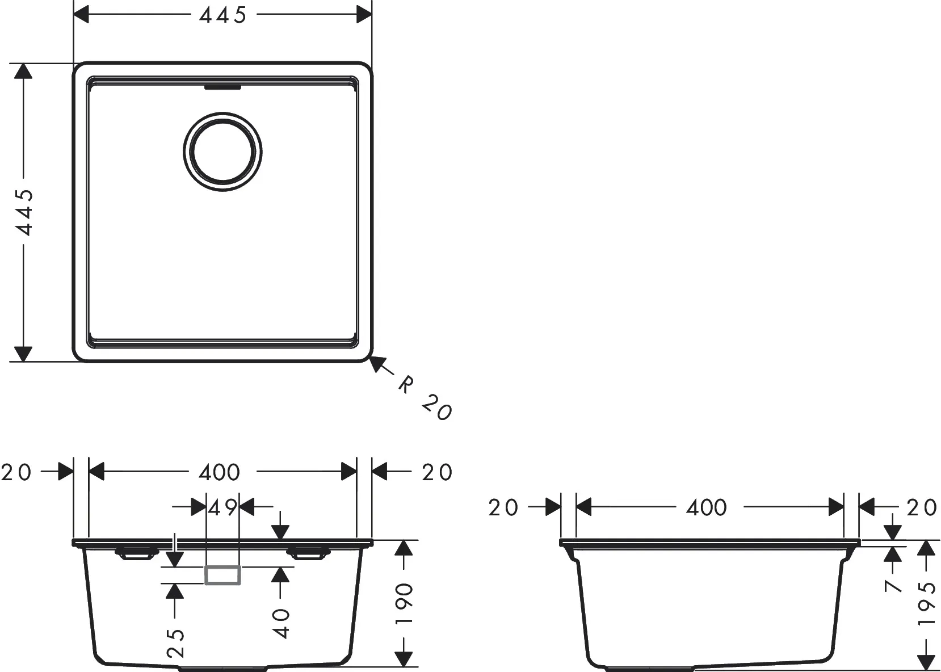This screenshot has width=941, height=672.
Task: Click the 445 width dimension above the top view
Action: (x=222, y=15)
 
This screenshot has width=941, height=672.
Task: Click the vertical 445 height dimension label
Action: (x=24, y=212)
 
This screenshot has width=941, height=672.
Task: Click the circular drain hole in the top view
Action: (x=222, y=152)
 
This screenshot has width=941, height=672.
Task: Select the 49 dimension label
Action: (x=222, y=507)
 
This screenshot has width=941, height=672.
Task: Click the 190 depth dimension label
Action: (x=404, y=603)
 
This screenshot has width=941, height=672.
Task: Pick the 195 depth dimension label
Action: (x=927, y=603)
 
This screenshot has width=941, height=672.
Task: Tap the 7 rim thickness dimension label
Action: (x=893, y=586)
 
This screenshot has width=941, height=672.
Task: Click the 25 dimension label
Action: (x=175, y=643)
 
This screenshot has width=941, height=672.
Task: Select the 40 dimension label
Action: (x=281, y=624)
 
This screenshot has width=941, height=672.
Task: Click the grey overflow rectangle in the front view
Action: (x=222, y=575)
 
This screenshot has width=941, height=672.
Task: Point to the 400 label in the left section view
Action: (x=219, y=472)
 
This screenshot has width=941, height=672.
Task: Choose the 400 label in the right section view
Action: (x=706, y=507)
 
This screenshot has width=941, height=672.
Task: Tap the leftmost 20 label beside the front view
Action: (x=16, y=472)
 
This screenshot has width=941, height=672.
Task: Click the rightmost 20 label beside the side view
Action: (x=922, y=507)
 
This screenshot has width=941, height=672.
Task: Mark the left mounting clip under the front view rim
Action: (x=136, y=553)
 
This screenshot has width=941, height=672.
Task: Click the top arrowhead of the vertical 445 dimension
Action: (x=23, y=72)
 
